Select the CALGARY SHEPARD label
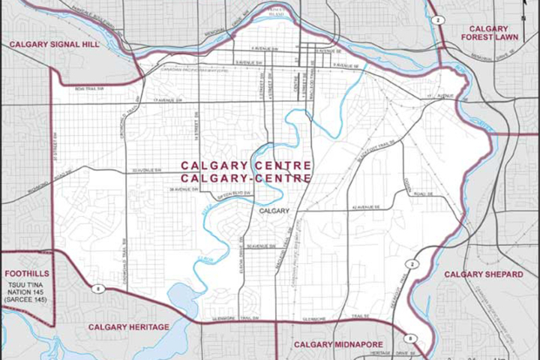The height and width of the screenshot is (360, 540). pyautogui.click(x=483, y=274)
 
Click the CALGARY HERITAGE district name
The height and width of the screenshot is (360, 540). pyautogui.click(x=127, y=327)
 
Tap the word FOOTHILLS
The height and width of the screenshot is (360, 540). pyautogui.click(x=27, y=274)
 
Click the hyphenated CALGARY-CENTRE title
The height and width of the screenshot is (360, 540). pyautogui.click(x=246, y=178)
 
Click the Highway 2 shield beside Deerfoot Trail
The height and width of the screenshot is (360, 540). pyautogui.click(x=412, y=265)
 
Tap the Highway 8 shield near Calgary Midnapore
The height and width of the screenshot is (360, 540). pyautogui.click(x=407, y=337)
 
